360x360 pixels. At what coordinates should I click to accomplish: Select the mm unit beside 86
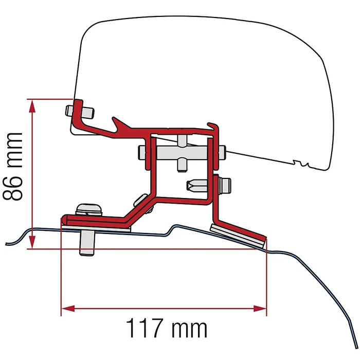coord(14,147)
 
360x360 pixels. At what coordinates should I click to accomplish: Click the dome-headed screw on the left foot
coord(87,210)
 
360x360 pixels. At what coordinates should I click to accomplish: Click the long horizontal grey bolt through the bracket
coord(180,153)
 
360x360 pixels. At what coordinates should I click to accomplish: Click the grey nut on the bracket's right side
coord(224,183)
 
